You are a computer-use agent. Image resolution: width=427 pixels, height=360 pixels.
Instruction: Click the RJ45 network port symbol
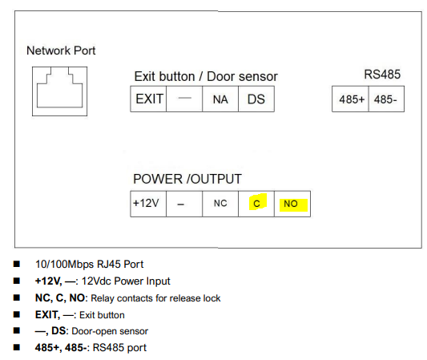point(59,91)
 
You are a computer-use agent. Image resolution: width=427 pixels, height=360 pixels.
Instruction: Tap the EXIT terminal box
point(148,99)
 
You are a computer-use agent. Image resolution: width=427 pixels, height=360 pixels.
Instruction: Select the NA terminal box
point(220,99)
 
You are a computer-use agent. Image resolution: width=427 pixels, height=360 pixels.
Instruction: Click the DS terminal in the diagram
point(256,99)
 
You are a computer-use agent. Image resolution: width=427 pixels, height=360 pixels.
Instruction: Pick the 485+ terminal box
point(350,99)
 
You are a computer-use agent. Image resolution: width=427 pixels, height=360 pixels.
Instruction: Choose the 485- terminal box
point(386,99)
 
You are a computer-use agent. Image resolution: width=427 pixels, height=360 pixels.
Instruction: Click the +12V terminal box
point(148,204)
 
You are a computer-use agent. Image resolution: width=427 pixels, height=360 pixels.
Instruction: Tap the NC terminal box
point(220,204)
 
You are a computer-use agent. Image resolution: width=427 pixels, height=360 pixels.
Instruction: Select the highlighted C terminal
point(256,204)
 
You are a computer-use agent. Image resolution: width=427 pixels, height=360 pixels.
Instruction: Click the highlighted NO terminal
point(292,204)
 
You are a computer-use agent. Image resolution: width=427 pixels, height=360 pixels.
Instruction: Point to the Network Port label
point(61,51)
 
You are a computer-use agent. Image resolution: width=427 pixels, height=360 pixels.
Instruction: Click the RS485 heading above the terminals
point(382,75)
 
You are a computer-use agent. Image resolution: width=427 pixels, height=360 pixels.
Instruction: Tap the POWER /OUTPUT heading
point(187,179)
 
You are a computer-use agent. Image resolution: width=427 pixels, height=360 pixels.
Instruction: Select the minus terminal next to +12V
point(184,204)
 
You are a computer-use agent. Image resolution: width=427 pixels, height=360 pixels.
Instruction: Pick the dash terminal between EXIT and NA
point(184,99)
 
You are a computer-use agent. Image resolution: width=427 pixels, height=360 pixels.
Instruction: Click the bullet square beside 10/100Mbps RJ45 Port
point(17,264)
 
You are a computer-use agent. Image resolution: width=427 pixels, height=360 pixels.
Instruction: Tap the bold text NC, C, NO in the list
point(60,298)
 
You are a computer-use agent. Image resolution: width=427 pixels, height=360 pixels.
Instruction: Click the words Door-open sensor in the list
point(110,331)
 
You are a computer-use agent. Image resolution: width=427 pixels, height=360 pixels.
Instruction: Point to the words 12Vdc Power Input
point(126,281)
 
